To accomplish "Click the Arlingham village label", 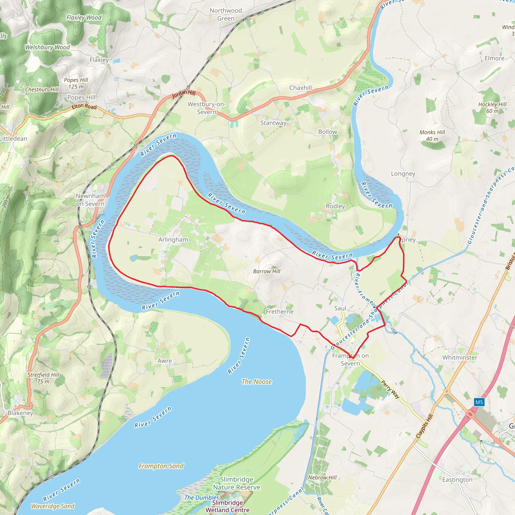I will point(173,240).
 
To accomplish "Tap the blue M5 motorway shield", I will point(479,402).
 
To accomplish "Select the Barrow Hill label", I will point(267,271).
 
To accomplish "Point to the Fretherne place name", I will point(279,311).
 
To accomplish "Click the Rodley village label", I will point(335,206).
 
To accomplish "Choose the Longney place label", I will point(403,174).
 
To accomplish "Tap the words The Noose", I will point(256,381).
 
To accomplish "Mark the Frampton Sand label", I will point(161,466).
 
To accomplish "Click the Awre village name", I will point(164,361).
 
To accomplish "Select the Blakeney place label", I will point(20,413).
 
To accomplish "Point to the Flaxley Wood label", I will point(84,18).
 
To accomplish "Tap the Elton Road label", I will point(84,106).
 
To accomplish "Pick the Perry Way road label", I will point(390,389).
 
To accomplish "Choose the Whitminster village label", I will point(460,358).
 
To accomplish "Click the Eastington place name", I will point(457,480).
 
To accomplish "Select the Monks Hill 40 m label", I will point(432,136).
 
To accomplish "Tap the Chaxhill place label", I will point(301,88).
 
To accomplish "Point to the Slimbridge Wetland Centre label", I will point(227,506).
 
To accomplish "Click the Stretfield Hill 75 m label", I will point(44,378).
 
